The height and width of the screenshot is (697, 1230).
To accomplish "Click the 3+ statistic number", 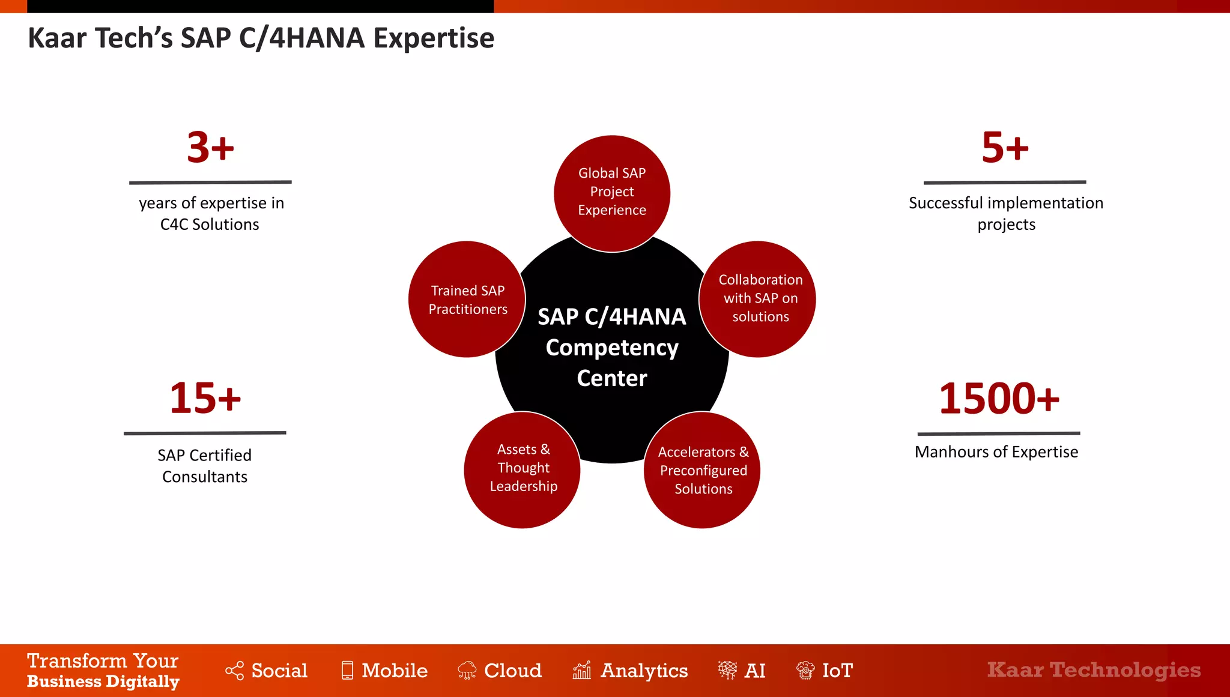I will pos(210,148).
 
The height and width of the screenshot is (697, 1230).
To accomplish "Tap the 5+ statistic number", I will pos(1005,148).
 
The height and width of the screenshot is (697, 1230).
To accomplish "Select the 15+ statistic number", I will pos(205,398).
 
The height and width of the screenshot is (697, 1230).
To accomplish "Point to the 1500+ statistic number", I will pos(999,399).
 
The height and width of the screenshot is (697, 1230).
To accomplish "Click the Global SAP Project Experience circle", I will pos(611,192).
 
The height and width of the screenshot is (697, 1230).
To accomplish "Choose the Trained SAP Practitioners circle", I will pos(467,300).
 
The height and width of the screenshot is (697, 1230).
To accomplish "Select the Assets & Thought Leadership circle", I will pos(523,469).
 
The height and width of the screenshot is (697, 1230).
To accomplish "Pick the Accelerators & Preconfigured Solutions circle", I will pos(703,471).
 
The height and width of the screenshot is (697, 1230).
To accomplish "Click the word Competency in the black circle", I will pos(612,348).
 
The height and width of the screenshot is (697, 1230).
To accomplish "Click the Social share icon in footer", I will pos(234,671).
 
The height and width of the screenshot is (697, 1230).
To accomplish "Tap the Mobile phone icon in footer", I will pos(347,670).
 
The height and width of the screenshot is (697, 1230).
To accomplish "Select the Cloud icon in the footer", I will pos(467,670).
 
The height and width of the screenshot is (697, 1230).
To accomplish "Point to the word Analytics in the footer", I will pos(644,671).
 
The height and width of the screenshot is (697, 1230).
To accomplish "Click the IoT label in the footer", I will pos(837,670).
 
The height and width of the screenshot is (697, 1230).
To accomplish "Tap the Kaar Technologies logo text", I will pos(1094,670).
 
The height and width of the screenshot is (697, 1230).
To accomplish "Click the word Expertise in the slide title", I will pos(434,38).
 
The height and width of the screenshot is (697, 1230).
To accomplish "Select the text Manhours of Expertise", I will pos(996,452).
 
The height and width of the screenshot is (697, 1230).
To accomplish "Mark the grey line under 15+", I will pos(205,433).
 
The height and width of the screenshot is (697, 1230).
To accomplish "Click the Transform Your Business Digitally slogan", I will pos(103,671).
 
